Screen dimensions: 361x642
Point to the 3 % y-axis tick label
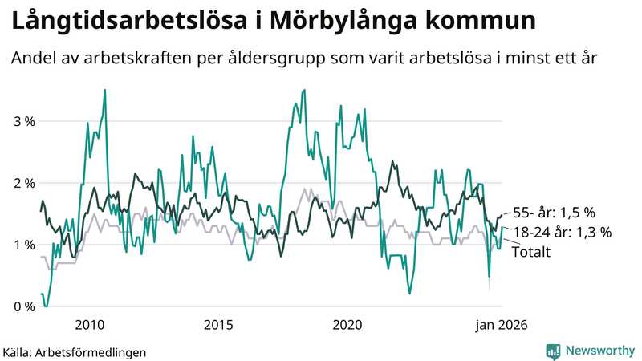point(23,121)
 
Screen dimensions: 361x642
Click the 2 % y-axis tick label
point(23,183)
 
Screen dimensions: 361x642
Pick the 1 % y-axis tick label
point(23,245)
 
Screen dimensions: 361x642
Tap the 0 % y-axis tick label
point(23,306)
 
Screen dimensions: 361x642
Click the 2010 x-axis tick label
point(88,325)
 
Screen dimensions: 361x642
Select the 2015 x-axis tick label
point(218,325)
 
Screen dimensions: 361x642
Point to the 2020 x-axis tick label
point(347,325)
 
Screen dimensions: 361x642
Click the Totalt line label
point(530,252)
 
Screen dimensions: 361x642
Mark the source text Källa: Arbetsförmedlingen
point(75,351)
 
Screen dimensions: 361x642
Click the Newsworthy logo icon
point(553,351)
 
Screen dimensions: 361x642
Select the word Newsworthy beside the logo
point(599,351)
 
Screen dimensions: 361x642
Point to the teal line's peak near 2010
point(105,90)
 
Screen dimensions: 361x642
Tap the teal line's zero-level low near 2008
point(46,306)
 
